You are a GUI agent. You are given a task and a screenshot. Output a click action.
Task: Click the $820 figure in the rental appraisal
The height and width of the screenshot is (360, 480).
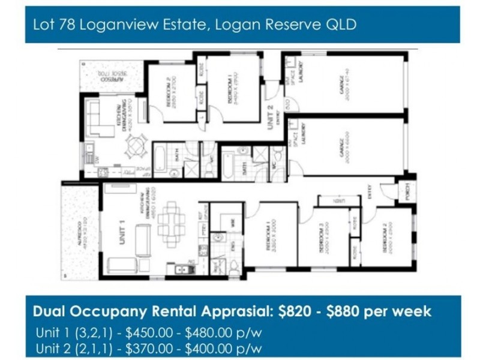point(296,311)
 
